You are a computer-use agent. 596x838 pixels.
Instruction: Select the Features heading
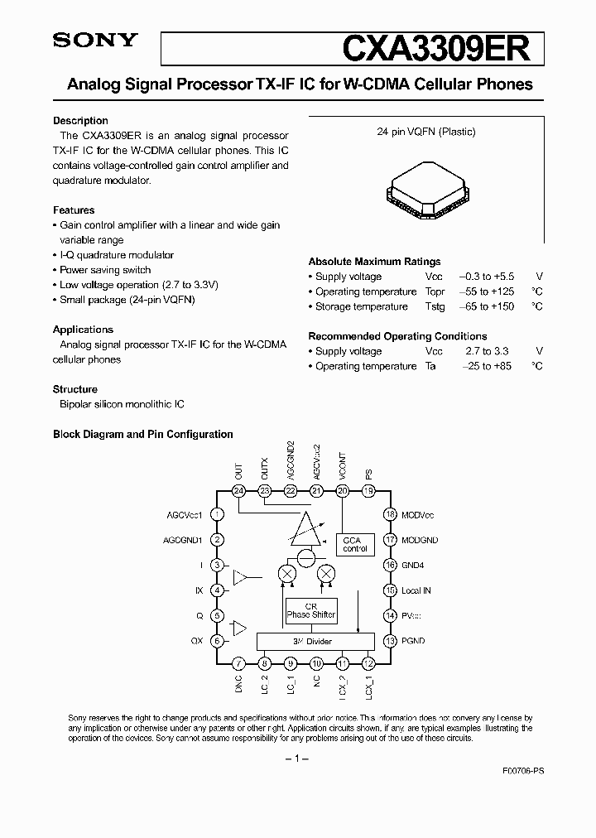point(74,210)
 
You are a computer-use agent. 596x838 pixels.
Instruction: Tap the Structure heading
point(75,389)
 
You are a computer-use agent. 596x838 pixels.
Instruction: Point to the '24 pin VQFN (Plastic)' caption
point(426,132)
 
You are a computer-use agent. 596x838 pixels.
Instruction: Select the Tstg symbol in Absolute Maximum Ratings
point(435,306)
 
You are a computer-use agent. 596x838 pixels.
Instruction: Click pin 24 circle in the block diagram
point(239,491)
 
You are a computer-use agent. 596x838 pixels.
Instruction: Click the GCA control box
point(355,544)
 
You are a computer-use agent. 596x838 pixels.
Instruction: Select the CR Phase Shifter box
point(311,610)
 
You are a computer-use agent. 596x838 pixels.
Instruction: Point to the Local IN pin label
point(416,590)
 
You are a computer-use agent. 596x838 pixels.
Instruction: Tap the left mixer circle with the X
point(287,573)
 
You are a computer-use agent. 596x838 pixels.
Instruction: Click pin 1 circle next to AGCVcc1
point(217,514)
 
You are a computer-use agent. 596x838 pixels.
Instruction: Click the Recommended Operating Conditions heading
point(397,336)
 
